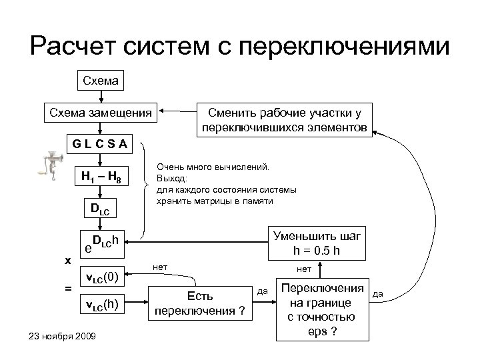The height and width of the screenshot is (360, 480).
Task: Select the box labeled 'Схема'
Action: (x=99, y=82)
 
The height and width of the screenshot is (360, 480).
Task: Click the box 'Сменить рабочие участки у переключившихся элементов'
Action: (x=283, y=119)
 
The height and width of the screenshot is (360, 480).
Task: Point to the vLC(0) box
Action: (x=103, y=275)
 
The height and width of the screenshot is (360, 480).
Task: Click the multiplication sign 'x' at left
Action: (x=67, y=261)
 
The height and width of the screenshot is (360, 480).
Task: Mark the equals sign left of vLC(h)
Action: (x=67, y=288)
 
